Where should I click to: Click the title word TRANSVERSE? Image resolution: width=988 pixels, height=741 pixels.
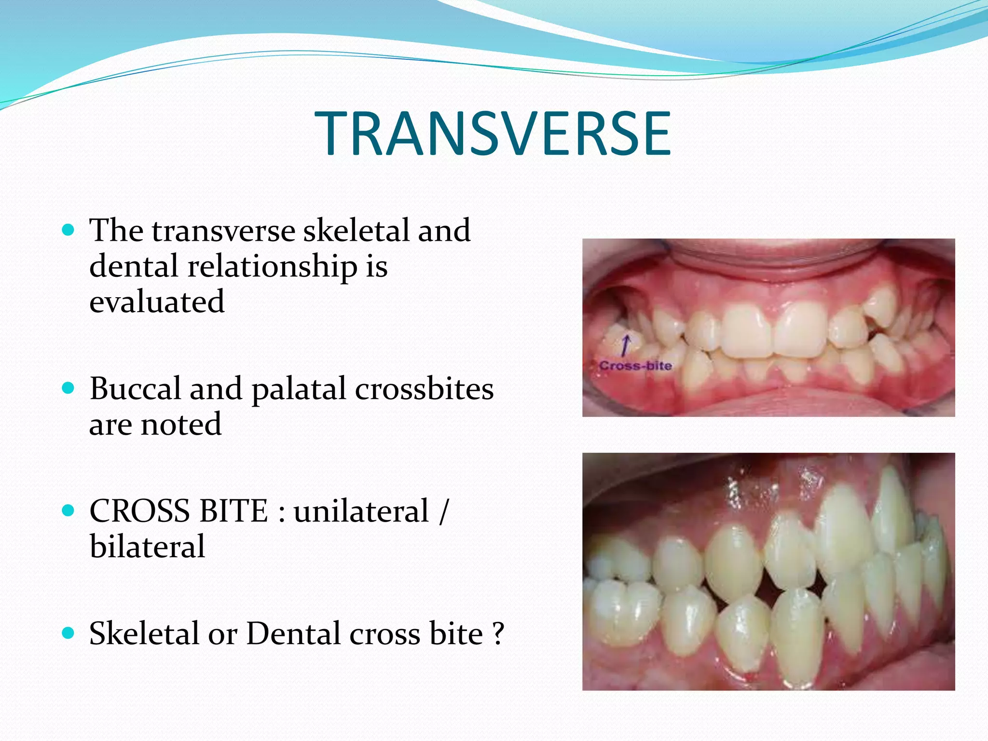[493, 134]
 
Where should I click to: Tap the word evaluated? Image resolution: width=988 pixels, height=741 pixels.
[157, 302]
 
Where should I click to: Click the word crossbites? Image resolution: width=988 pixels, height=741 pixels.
[424, 388]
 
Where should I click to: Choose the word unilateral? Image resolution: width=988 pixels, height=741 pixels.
[361, 511]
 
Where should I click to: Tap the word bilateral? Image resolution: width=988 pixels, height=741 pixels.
[147, 547]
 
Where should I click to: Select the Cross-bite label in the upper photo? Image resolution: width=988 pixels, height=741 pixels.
[635, 366]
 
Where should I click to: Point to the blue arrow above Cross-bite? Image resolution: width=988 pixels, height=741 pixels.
[625, 345]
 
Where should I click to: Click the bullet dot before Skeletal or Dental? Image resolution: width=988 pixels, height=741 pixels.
[69, 632]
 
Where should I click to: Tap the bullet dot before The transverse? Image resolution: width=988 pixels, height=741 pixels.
[69, 230]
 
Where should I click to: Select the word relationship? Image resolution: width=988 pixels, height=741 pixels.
[272, 266]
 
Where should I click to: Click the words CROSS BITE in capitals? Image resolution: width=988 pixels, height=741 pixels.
[178, 511]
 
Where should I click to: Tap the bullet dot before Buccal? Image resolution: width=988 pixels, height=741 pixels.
[69, 388]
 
